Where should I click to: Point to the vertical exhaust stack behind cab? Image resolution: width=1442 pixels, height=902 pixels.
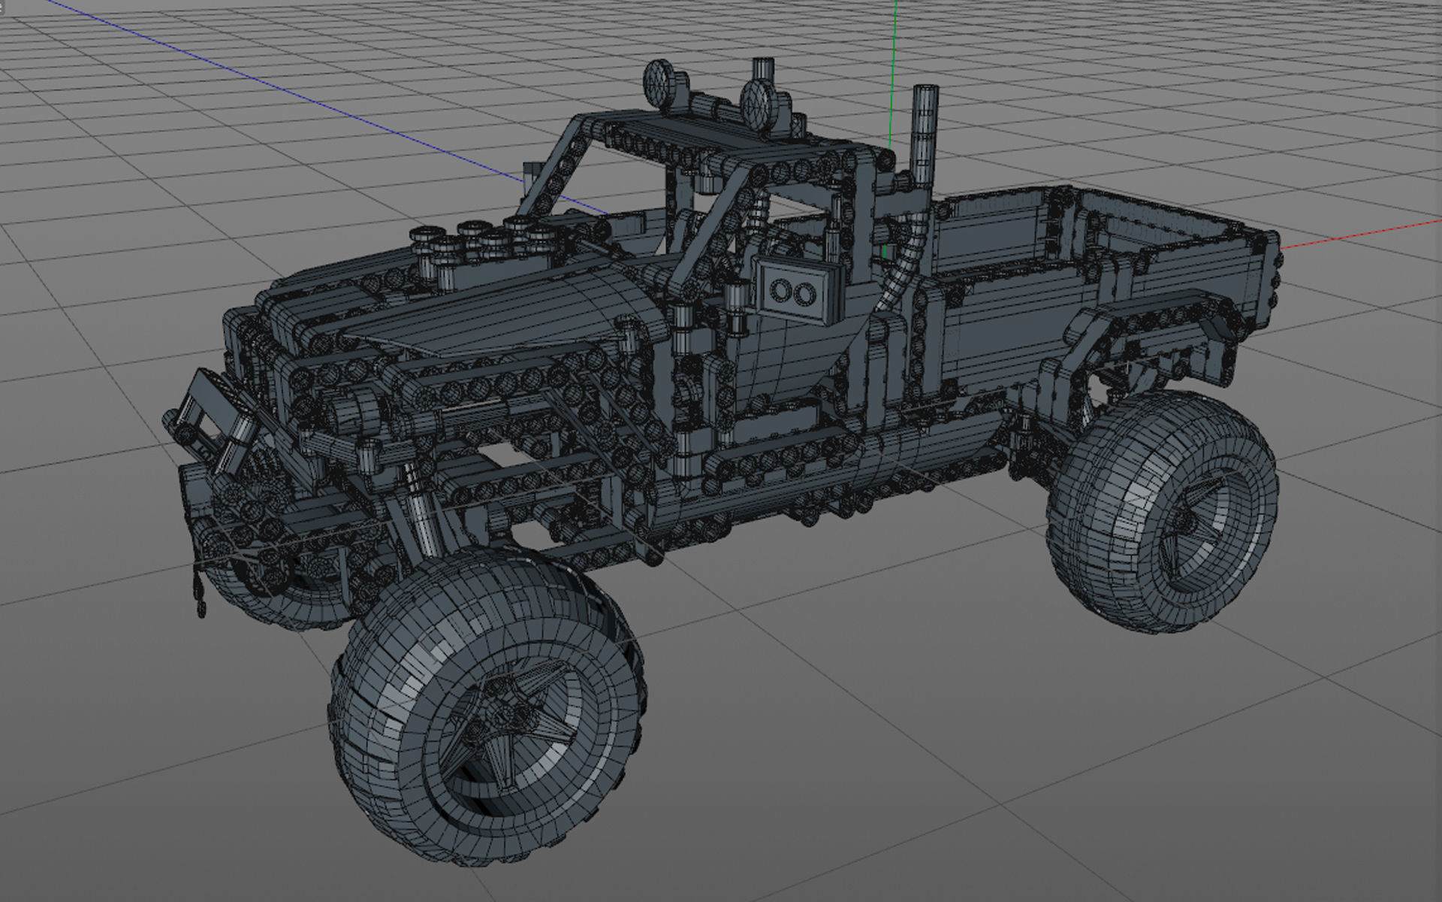(923, 135)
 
